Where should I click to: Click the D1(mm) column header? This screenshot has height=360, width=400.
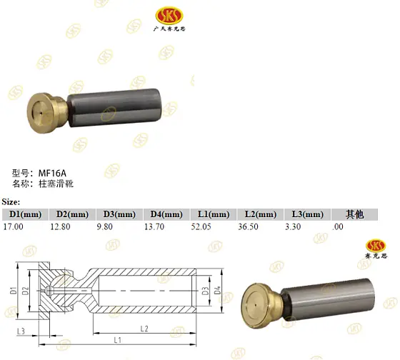(24, 214)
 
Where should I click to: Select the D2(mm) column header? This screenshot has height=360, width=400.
(71, 214)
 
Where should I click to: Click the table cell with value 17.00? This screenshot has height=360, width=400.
(14, 226)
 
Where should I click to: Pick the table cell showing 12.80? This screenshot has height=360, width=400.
(60, 226)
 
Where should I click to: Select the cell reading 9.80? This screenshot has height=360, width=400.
(106, 226)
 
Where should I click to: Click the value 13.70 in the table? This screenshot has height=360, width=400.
(155, 226)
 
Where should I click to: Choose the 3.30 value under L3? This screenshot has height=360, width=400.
(294, 226)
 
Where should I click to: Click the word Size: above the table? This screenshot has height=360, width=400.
(11, 202)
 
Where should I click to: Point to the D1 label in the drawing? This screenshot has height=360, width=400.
(14, 291)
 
